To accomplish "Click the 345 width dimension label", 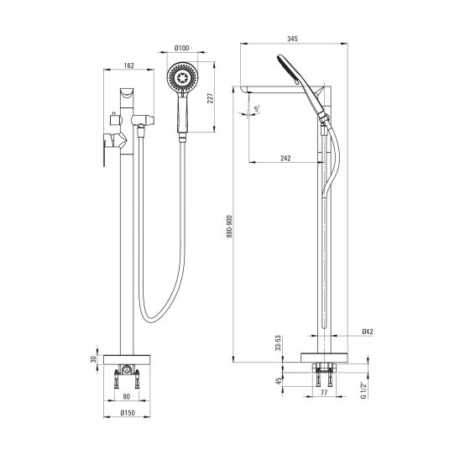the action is coord(292,39).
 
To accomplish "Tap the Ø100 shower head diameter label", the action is coord(182,48).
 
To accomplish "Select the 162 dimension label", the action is coord(128,65).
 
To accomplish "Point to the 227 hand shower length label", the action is coord(211,98).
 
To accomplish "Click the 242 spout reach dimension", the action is coord(285,158).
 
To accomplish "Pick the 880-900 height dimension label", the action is coord(229,227).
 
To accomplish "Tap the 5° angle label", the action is coord(258,109).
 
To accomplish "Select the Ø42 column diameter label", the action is coord(368,332).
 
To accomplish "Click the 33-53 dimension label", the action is coord(278,343).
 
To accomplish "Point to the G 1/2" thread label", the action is coord(363,390).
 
